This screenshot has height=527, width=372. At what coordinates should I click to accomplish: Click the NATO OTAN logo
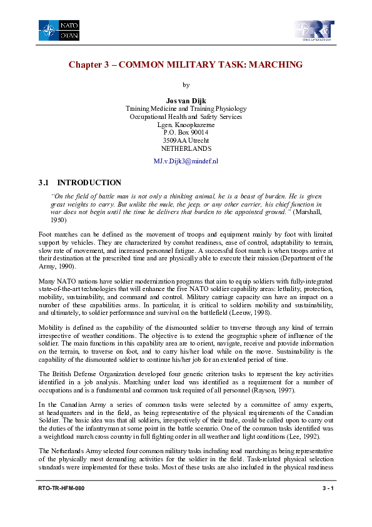pos(59,30)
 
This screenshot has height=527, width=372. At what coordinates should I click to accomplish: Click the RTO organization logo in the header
pos(314,30)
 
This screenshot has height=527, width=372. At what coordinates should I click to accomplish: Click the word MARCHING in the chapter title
pos(274,64)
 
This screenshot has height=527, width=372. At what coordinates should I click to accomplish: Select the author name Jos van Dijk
pos(186,100)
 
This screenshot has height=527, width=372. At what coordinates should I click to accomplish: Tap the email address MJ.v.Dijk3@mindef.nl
pos(186,161)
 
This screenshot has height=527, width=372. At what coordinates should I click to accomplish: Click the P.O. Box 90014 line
pos(186,133)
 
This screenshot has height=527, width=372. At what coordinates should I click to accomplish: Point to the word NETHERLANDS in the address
pos(186,149)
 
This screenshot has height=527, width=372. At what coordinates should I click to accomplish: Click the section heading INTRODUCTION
pos(89,183)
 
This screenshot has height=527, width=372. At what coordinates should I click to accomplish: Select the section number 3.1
pos(44,183)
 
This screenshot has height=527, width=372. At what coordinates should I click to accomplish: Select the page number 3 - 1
pos(325,504)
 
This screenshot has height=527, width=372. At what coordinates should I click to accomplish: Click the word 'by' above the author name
pos(186,84)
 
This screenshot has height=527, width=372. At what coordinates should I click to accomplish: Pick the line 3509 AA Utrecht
pos(186,141)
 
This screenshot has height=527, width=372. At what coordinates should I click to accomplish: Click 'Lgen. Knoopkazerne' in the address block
pos(186,125)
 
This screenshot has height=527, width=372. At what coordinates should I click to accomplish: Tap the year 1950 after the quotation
pos(58,220)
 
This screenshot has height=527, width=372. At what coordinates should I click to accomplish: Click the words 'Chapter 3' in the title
pos(90,64)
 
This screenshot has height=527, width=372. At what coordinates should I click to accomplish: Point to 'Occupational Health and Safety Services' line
pos(186,116)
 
